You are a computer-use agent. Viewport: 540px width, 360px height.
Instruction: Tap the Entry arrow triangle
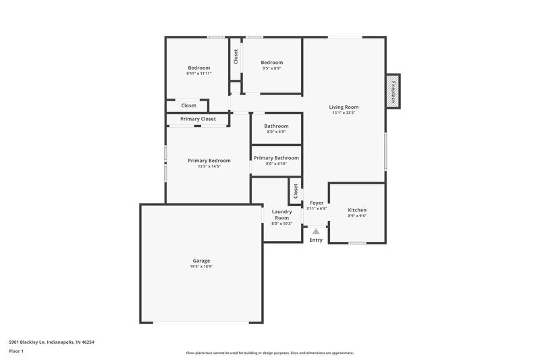pos(316,231)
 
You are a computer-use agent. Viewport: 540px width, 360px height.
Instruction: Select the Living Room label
pos(344,107)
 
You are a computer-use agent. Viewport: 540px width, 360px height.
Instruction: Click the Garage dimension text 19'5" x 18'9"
pos(201,267)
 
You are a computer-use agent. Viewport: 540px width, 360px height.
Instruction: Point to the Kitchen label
pos(356,210)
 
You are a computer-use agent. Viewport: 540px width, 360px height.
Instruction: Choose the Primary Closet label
pos(198,119)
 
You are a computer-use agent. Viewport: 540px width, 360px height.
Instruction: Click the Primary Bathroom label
pos(276,157)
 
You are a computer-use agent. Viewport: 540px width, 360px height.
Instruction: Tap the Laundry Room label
pos(281,215)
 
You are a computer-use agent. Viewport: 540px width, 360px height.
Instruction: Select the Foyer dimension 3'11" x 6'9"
pos(317,209)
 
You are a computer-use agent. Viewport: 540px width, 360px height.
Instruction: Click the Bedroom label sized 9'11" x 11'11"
pos(199,68)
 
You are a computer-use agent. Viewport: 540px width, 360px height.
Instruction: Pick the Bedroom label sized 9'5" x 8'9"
pos(272,62)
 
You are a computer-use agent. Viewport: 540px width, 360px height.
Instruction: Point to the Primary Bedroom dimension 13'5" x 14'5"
pos(209,166)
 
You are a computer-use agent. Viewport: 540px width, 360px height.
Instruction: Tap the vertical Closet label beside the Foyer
pos(296,191)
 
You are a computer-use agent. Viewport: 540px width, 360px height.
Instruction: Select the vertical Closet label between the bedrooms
pos(236,57)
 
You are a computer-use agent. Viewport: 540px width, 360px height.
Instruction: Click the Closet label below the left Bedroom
pos(188,105)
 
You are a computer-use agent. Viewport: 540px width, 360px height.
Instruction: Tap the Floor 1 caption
pos(16,351)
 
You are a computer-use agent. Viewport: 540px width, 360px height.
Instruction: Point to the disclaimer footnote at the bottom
pos(269,353)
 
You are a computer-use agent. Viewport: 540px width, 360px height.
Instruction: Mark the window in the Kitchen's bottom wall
pos(357,242)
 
